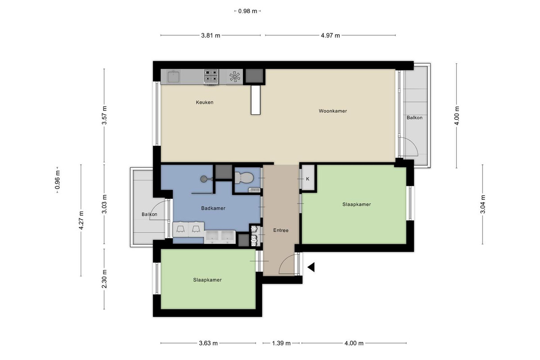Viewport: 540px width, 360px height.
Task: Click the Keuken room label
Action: pos(204,102)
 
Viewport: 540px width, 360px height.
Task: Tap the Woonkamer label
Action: pos(333,111)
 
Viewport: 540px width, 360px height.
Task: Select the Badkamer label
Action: pos(213,208)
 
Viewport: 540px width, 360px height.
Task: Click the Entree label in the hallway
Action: pos(281,230)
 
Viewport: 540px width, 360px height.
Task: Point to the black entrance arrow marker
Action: pos(311,267)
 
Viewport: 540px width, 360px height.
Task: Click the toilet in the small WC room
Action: pos(244,178)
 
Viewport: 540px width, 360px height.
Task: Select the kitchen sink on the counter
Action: pos(173,76)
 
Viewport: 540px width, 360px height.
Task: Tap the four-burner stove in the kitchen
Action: pos(211,77)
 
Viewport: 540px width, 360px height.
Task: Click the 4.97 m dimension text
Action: pos(330,36)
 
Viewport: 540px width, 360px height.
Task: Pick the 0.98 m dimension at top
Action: pos(247,11)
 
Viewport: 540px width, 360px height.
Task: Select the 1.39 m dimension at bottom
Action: pos(281,343)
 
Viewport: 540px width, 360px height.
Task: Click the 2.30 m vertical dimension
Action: pos(104,279)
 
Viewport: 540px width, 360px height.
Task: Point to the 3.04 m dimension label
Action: pos(482,204)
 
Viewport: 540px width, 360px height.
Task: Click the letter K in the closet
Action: pos(308,179)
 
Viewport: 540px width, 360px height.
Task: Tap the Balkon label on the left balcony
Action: pos(149,214)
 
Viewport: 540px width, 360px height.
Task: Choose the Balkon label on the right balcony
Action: pos(414,117)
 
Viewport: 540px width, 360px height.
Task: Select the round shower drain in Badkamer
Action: pos(203,179)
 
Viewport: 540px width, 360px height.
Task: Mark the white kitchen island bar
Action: pos(256,100)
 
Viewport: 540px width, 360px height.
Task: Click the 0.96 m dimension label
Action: pos(57,180)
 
